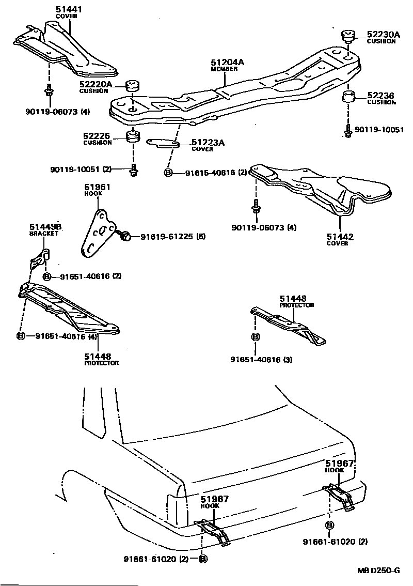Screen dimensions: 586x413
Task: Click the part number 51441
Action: pos(67,9)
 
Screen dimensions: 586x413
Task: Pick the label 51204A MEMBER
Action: pos(227,65)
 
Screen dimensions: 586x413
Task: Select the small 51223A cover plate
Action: pos(163,143)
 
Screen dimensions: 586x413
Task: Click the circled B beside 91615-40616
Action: pos(168,173)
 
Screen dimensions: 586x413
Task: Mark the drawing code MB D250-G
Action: pos(378,570)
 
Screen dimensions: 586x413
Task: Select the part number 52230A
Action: pos(383,35)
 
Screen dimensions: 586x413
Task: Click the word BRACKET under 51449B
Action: pos(44,233)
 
